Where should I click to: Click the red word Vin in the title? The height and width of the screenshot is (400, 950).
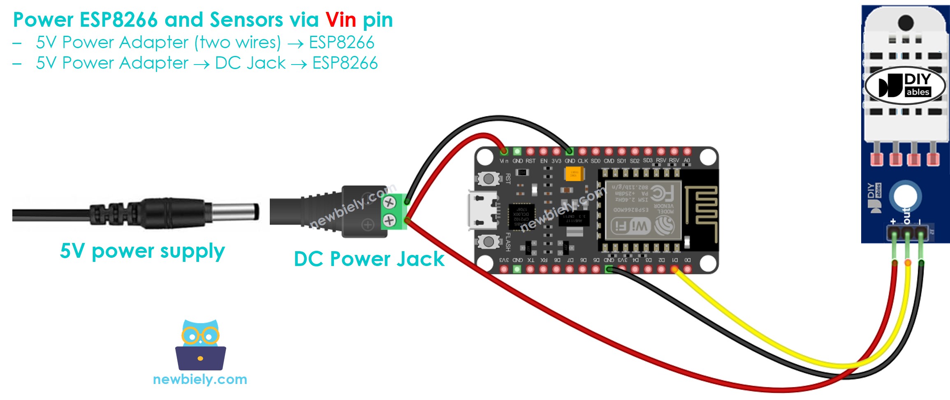(x=341, y=20)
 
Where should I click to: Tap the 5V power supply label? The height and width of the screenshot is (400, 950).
(x=142, y=251)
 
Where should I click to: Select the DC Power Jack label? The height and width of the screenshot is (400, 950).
(x=369, y=259)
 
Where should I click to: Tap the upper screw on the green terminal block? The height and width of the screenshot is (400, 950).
(x=389, y=202)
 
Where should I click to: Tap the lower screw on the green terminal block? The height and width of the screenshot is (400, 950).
(x=389, y=221)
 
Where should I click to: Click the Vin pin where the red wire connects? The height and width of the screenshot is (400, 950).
(x=504, y=152)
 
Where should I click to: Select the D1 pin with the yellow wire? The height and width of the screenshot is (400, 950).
(x=674, y=269)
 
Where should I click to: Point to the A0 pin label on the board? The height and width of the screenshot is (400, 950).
(x=687, y=161)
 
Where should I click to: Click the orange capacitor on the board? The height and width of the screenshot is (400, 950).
(x=574, y=173)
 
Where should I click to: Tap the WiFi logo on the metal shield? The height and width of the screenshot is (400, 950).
(x=630, y=226)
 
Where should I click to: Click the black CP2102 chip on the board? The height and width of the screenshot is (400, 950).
(x=521, y=217)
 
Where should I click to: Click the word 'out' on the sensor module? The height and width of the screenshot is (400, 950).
(x=906, y=215)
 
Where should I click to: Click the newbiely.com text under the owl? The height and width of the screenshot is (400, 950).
(x=200, y=379)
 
